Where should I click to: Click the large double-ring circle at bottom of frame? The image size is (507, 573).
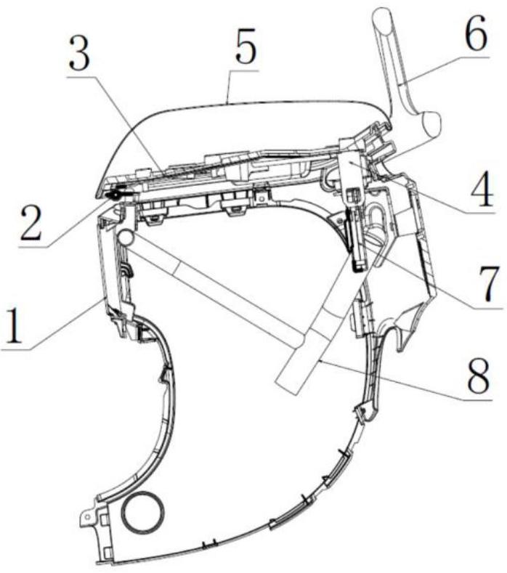[142, 513]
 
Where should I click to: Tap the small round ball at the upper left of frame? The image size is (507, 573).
[124, 237]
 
